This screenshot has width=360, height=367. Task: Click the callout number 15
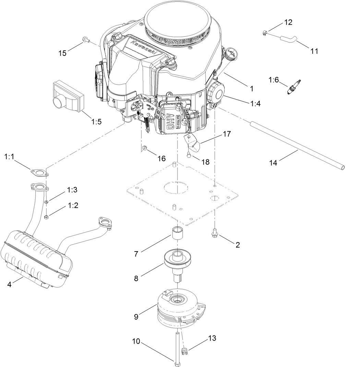62,53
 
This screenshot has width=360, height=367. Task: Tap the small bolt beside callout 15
85,40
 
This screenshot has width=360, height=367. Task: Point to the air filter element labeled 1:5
68,95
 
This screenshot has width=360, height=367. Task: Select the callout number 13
212,339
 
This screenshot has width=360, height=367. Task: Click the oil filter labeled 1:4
216,91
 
